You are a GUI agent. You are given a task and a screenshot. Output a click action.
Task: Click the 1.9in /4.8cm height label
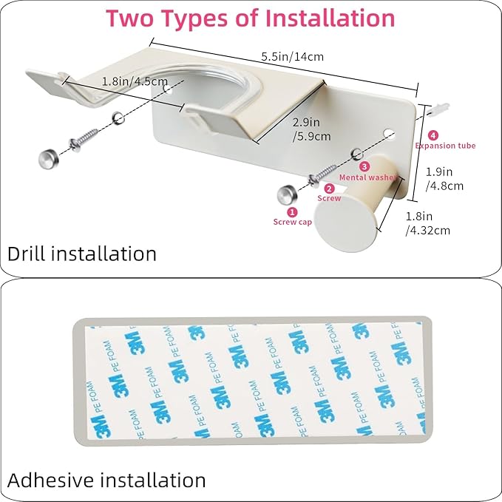pyautogui.click(x=445, y=178)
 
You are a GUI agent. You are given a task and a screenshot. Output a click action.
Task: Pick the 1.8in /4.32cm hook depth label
pyautogui.click(x=428, y=223)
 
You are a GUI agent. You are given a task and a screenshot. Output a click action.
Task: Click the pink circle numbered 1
pyautogui.click(x=291, y=211)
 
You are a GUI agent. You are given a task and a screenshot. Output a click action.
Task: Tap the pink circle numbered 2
pyautogui.click(x=330, y=189)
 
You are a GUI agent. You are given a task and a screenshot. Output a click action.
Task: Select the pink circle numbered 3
pyautogui.click(x=364, y=166)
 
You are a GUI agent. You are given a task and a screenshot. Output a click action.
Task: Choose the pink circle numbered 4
pyautogui.click(x=433, y=135)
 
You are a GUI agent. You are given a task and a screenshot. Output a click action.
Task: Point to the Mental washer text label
pyautogui.click(x=367, y=177)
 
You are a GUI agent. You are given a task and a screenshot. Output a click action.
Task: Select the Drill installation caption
pyautogui.click(x=82, y=254)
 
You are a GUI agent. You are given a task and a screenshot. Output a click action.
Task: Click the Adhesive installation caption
pyautogui.click(x=106, y=480)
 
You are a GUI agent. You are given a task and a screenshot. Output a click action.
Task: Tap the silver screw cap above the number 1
pyautogui.click(x=288, y=194)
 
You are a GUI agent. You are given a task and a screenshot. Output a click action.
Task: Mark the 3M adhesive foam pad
pyautogui.click(x=251, y=381)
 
